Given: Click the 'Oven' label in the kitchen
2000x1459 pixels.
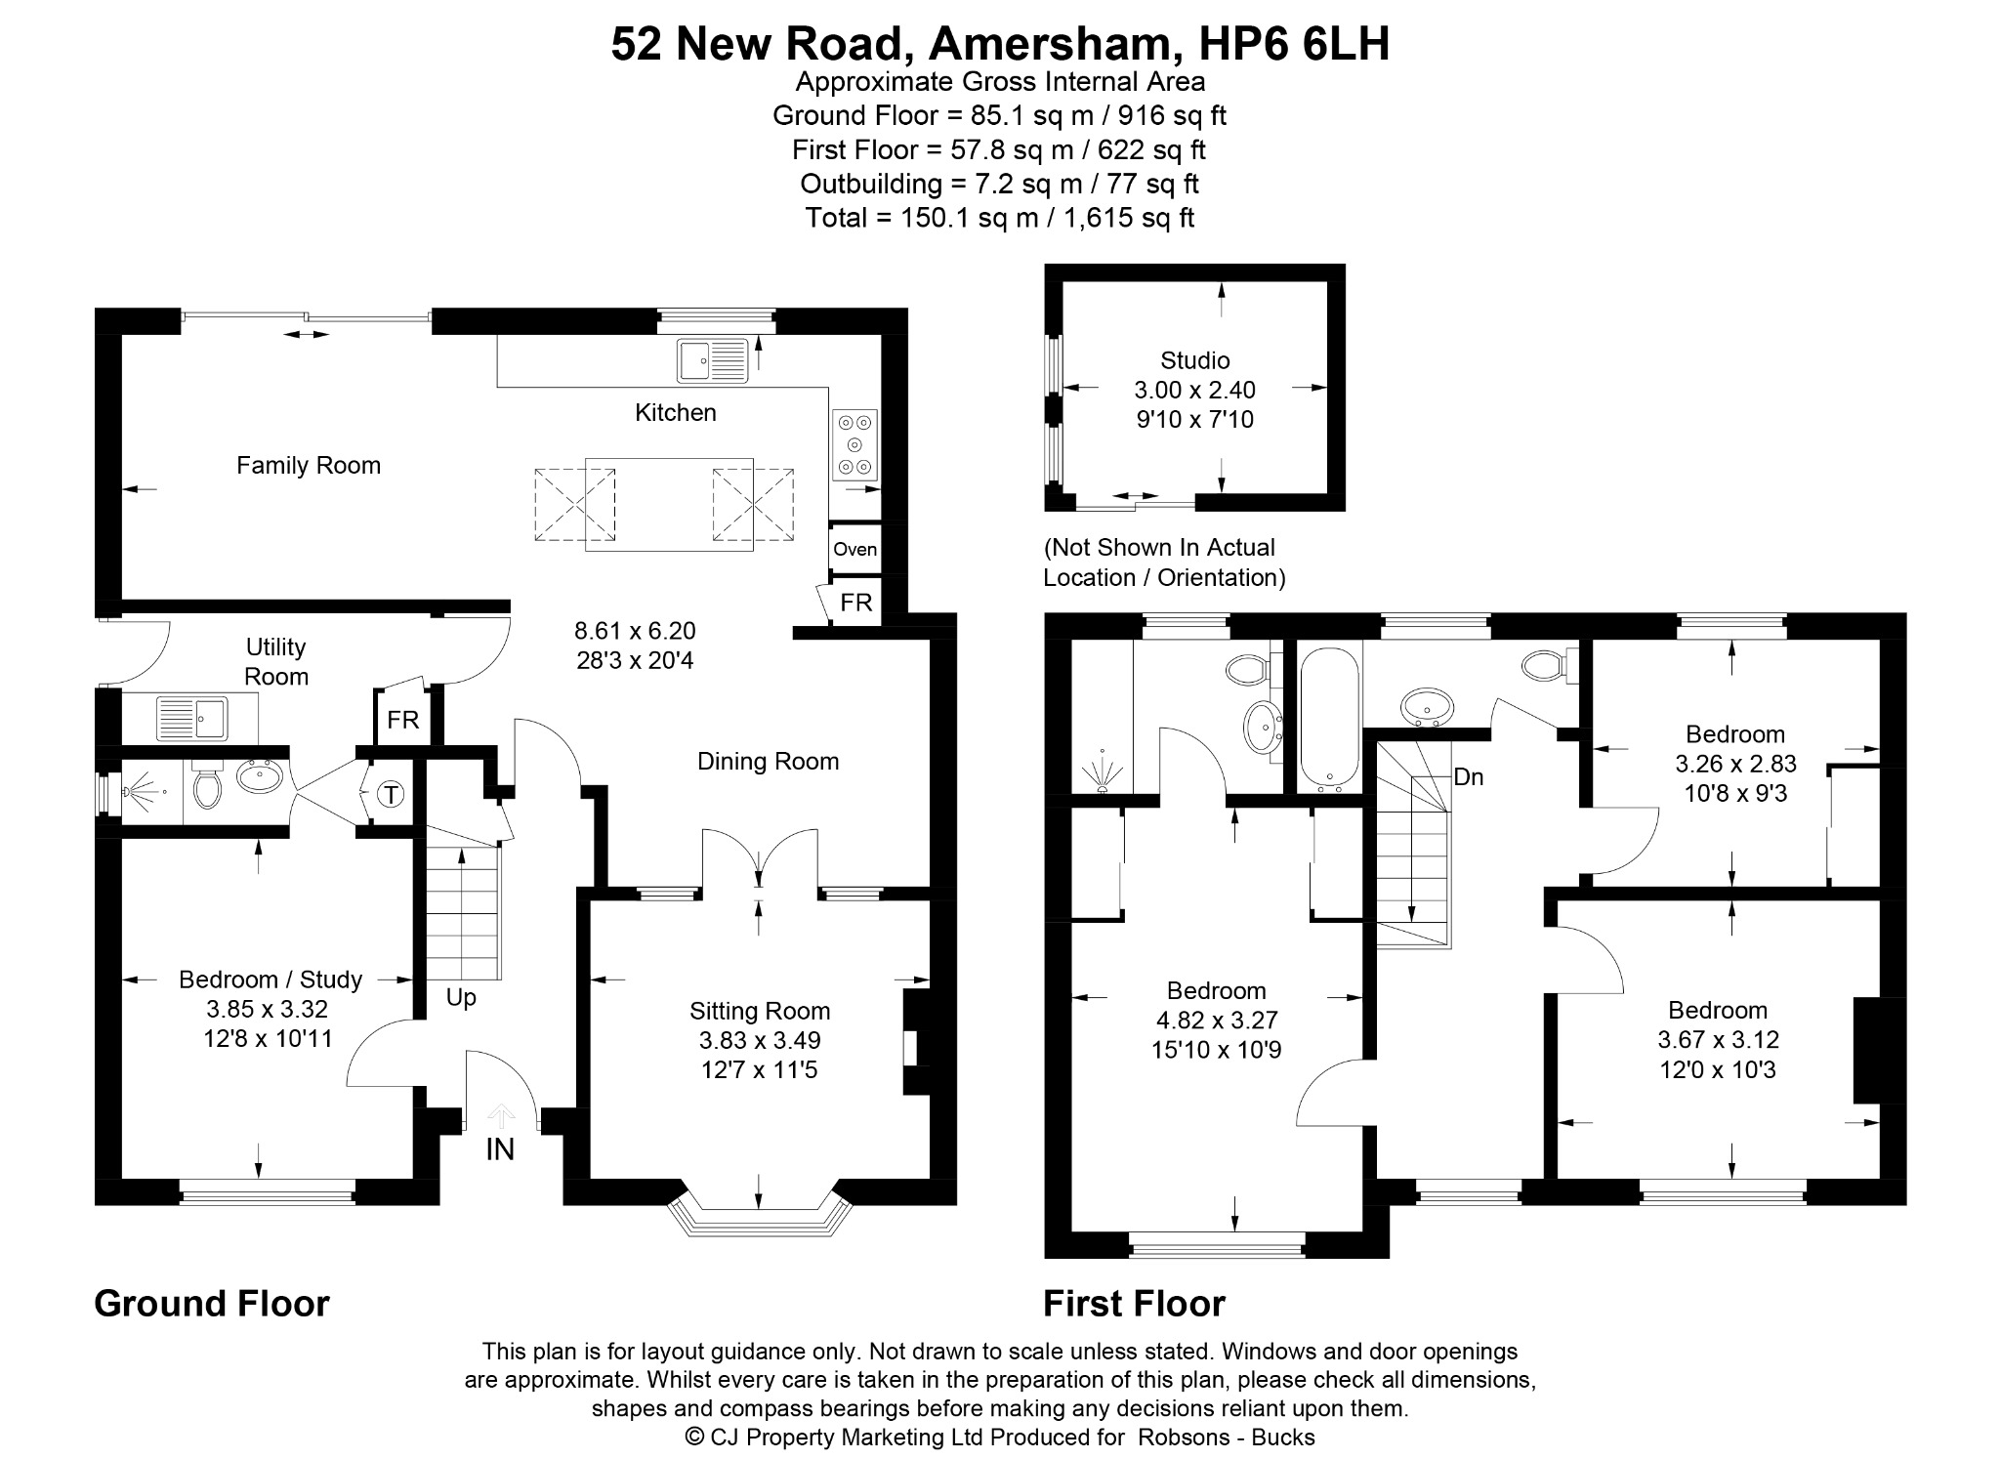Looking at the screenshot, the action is coord(854,549).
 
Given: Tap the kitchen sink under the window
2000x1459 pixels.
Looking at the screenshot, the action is coord(713,360).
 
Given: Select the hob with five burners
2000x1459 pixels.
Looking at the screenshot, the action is coord(854,445).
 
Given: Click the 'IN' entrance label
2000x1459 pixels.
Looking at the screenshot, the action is coord(500,1149).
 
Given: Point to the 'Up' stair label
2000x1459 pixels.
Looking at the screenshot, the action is coord(461,998).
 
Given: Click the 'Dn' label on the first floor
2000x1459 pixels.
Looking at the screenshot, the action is coord(1469,777).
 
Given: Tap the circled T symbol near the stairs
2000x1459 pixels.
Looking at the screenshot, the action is coord(391,795).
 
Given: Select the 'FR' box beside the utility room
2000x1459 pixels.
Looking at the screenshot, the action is coord(402,720).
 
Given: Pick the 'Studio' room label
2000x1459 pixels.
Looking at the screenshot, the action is coord(1194,360).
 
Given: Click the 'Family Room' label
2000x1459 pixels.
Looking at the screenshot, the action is coord(309,466).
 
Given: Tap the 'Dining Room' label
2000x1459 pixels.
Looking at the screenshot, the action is coord(769,762).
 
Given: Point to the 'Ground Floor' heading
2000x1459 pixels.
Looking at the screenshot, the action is coord(212,1304).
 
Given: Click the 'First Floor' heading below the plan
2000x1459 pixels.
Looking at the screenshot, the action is coord(1134,1304).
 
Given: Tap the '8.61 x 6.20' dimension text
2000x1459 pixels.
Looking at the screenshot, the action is coord(635,631).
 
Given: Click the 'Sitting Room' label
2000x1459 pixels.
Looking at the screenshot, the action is coord(760,1011).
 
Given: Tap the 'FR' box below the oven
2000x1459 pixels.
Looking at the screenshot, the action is coord(855,603).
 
